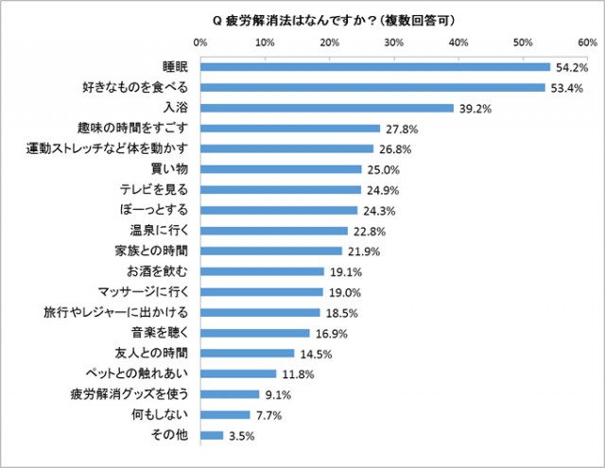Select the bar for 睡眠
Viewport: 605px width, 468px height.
click(375, 67)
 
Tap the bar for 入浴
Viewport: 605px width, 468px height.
click(327, 108)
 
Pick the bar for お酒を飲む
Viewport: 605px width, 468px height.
click(262, 271)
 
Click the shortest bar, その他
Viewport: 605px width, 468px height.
click(212, 435)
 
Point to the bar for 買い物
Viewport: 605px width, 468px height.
click(281, 169)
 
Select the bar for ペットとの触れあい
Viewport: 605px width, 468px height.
click(238, 373)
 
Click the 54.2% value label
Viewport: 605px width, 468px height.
click(571, 67)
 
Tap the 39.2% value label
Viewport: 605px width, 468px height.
click(475, 108)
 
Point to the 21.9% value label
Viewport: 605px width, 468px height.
click(362, 251)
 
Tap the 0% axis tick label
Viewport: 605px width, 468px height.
click(200, 43)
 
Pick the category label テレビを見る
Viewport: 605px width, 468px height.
click(164, 190)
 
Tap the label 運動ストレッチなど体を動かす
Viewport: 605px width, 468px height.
click(110, 148)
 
